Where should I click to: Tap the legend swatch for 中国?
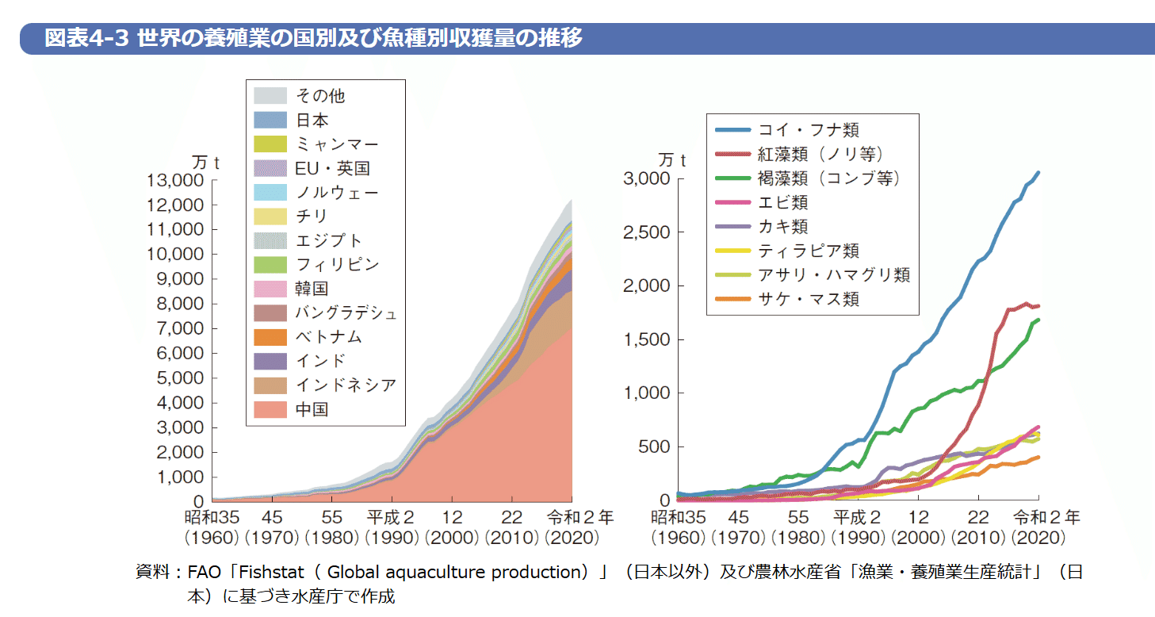tap(270, 409)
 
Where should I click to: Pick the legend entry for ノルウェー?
tap(336, 193)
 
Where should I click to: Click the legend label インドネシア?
tap(345, 385)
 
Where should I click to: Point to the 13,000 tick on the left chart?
tap(176, 180)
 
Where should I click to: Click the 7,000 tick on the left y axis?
tap(181, 328)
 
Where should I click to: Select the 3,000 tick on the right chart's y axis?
tap(647, 178)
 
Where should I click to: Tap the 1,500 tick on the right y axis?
tap(647, 339)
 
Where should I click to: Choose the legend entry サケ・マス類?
tap(809, 299)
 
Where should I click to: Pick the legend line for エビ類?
tap(732, 203)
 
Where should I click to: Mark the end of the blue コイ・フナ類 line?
tap(1038, 172)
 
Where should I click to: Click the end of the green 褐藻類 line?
tap(1038, 320)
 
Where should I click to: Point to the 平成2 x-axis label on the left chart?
tap(392, 519)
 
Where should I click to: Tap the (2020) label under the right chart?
tap(1038, 538)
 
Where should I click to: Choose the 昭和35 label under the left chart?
tap(212, 519)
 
